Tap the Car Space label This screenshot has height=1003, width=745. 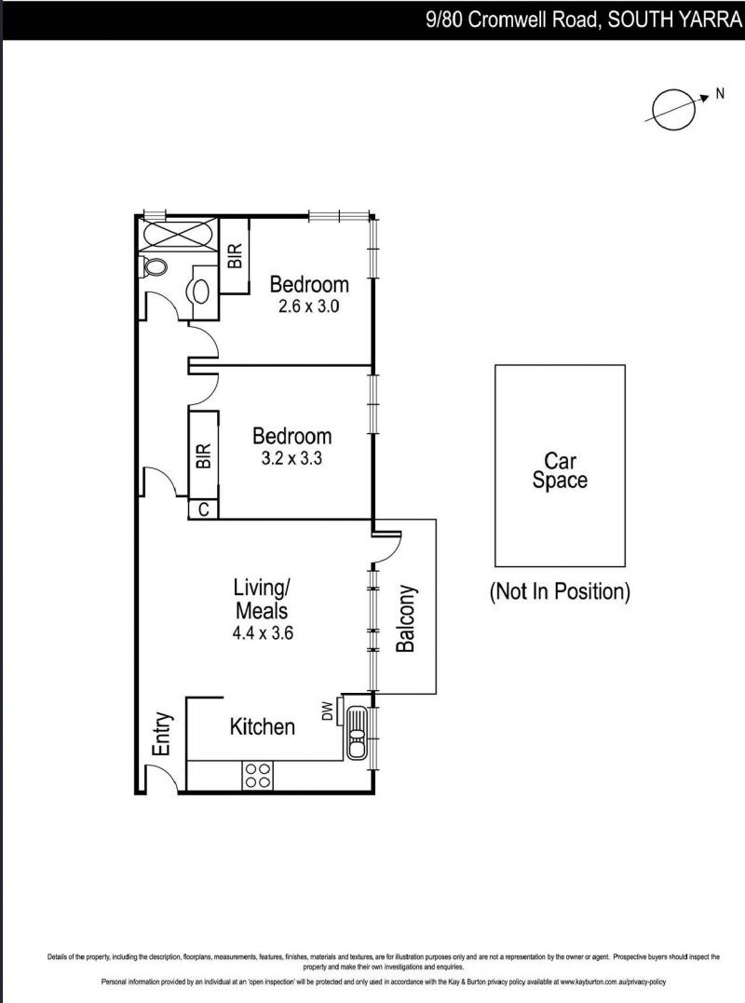pyautogui.click(x=560, y=470)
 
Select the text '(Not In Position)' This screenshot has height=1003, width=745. pyautogui.click(x=560, y=591)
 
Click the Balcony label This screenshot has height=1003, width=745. pyautogui.click(x=405, y=618)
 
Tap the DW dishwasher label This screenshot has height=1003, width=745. pyautogui.click(x=327, y=712)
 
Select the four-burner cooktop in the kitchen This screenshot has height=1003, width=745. pyautogui.click(x=257, y=776)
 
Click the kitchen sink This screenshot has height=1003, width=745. pyautogui.click(x=356, y=733)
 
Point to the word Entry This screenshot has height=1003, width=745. pyautogui.click(x=164, y=734)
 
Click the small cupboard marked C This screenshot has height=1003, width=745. pyautogui.click(x=203, y=509)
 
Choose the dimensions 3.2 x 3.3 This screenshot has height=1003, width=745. pyautogui.click(x=292, y=458)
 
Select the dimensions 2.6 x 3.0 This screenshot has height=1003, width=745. pyautogui.click(x=309, y=305)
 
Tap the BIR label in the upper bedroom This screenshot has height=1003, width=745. pyautogui.click(x=236, y=255)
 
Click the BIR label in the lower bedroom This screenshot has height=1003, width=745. pyautogui.click(x=203, y=456)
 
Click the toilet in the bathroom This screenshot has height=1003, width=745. pyautogui.click(x=155, y=267)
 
